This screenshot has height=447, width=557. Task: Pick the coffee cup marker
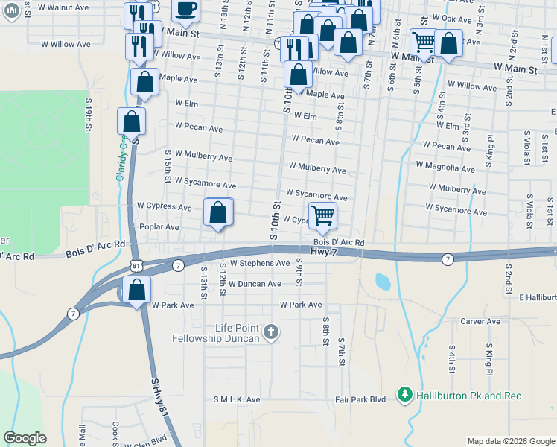[185, 9]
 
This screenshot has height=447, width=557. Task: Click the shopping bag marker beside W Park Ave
[137, 291]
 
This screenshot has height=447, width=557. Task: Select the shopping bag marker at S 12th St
[217, 213]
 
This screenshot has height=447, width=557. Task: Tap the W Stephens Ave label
[259, 264]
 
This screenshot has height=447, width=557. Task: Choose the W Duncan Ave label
[255, 284]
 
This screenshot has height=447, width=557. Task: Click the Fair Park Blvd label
[362, 399]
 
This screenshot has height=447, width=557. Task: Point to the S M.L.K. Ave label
[236, 399]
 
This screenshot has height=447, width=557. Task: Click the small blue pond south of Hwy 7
[383, 282]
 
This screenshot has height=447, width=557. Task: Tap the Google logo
[25, 438]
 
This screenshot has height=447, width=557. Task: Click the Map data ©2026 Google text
[510, 441]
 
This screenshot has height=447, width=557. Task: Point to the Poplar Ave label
[159, 226]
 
